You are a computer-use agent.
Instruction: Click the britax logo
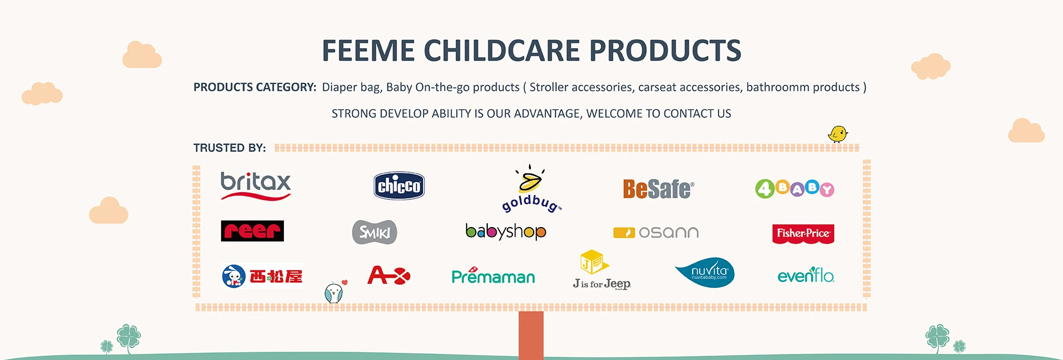256,186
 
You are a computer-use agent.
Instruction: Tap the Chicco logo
399,186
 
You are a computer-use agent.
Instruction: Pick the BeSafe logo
658,189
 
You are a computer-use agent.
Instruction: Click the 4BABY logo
794,189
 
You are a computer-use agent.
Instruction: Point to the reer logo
252,231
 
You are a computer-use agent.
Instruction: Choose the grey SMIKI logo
375,232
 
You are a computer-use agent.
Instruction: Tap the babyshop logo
505,232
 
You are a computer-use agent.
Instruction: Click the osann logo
656,233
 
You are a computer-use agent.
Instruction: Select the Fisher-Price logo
803,234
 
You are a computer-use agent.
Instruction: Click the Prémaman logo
493,275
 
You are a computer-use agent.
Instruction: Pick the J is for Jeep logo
602,270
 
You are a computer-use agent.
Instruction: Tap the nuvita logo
705,272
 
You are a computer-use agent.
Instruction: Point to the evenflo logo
806,275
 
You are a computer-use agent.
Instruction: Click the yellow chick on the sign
838,134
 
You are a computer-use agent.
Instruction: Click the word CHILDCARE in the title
503,51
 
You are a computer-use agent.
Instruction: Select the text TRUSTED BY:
230,148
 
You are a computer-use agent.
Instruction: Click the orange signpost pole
531,335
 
